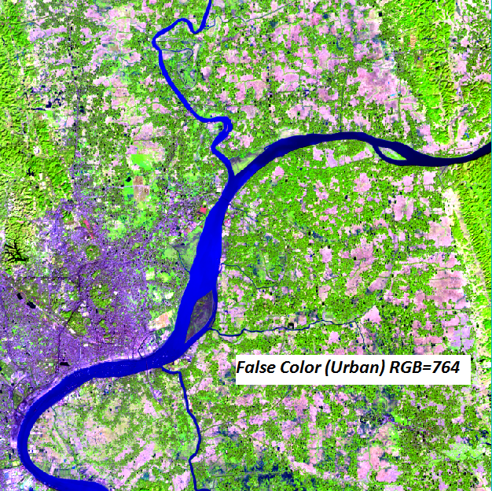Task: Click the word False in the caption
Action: click(x=256, y=367)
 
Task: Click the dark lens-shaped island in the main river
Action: click(x=200, y=314)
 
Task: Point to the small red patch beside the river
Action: click(x=203, y=210)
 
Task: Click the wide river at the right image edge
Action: click(x=486, y=153)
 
